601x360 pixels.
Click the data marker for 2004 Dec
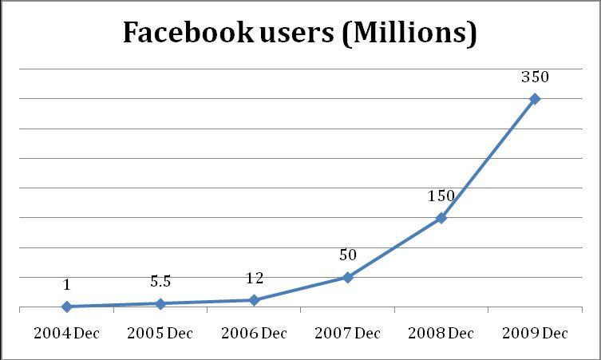(67, 307)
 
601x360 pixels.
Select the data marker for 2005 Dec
(160, 303)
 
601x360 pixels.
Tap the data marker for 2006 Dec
(254, 300)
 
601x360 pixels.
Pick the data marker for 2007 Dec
(347, 277)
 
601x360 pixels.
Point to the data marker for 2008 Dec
(441, 217)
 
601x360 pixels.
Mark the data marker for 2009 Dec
(535, 99)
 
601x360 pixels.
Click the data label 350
(535, 78)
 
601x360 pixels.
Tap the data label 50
(347, 256)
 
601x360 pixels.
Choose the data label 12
(254, 279)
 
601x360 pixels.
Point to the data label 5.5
(160, 282)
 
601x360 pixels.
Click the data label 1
(67, 285)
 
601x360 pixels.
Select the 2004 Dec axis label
(67, 334)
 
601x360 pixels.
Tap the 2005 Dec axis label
(160, 334)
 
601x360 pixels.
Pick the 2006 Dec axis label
(254, 334)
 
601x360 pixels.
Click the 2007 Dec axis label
(347, 334)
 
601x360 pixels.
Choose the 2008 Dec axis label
(441, 334)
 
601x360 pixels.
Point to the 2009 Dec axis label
(535, 334)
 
